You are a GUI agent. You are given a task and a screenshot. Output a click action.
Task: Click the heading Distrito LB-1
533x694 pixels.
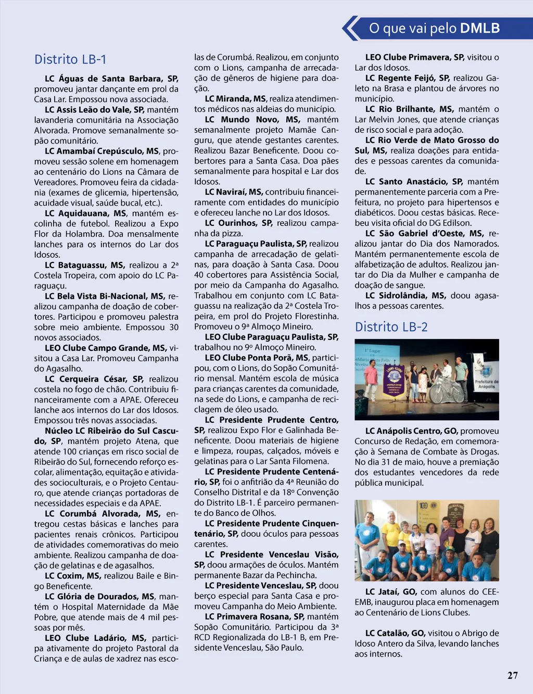coord(70,59)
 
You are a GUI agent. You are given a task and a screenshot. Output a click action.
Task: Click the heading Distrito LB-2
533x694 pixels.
coord(391,327)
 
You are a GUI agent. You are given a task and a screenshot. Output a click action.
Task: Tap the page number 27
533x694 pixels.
coord(512,675)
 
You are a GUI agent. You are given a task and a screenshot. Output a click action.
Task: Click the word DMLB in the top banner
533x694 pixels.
coord(480,28)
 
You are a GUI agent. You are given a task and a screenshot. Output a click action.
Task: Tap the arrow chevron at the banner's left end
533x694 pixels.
coord(351,28)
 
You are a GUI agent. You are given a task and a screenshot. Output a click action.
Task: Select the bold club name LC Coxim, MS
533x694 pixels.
coord(73,576)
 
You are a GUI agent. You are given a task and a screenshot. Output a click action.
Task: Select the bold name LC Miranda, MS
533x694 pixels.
coord(235,98)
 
